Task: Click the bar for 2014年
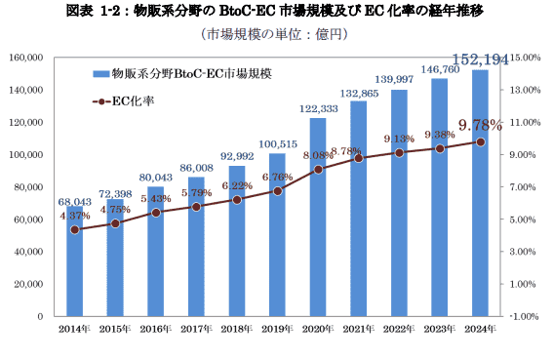pos(74,273)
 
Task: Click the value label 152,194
pos(479,60)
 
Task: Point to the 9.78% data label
pos(479,125)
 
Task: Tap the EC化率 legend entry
pos(128,100)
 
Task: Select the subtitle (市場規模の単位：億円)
pos(277,34)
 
